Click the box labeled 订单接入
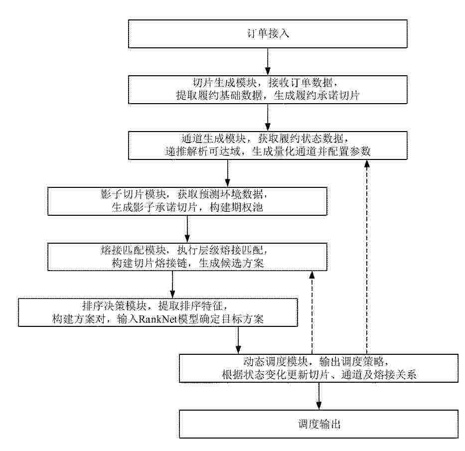click(268, 34)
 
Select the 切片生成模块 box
click(268, 90)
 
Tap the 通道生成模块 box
click(268, 146)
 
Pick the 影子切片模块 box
click(187, 201)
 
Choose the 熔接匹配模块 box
click(187, 257)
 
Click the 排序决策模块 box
click(158, 312)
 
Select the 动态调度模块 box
click(319, 368)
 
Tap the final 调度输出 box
click(319, 424)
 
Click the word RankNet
click(157, 319)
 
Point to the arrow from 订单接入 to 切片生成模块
click(268, 62)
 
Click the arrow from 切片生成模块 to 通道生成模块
click(268, 118)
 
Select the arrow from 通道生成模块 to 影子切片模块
click(227, 173)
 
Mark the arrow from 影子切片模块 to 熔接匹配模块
click(187, 229)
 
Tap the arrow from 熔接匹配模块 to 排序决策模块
click(172, 285)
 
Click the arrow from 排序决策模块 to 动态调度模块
click(238, 340)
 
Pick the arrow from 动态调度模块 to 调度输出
click(319, 396)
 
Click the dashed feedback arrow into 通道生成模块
click(367, 257)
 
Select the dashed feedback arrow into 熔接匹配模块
click(312, 312)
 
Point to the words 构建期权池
click(236, 207)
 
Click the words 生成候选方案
click(231, 263)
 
